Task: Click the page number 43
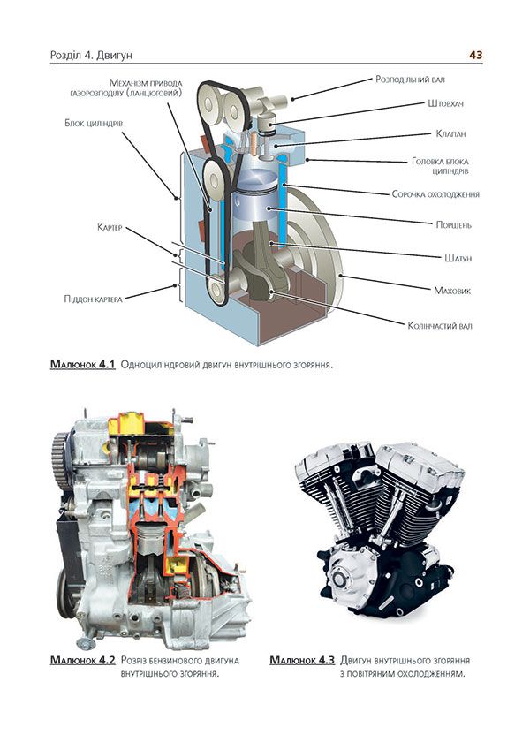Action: coord(475,55)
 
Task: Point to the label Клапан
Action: coord(450,133)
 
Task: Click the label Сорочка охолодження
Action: coord(435,193)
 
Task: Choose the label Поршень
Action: coord(453,225)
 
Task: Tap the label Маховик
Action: coord(452,290)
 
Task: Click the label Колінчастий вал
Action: coord(440,325)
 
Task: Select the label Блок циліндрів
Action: coord(100,123)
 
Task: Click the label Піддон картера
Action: coord(98,298)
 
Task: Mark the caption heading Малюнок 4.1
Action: coord(84,363)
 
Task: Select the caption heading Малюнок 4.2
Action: coord(84,660)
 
